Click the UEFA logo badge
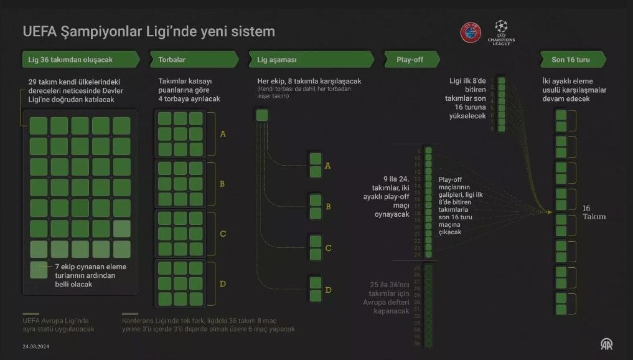click(x=471, y=32)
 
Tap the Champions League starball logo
click(x=501, y=31)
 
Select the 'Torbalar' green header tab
click(x=194, y=60)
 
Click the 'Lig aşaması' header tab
click(x=311, y=60)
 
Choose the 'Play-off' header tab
click(x=411, y=60)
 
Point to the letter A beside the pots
click(x=223, y=134)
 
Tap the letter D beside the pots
click(x=223, y=284)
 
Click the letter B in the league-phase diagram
click(x=328, y=206)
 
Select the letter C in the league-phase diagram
click(x=328, y=248)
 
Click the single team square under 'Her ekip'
click(x=262, y=115)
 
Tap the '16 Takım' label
click(x=594, y=212)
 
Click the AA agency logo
click(x=606, y=344)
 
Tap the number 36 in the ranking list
click(x=418, y=343)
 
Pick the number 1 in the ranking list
click(x=492, y=80)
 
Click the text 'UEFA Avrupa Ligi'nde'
click(x=56, y=321)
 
